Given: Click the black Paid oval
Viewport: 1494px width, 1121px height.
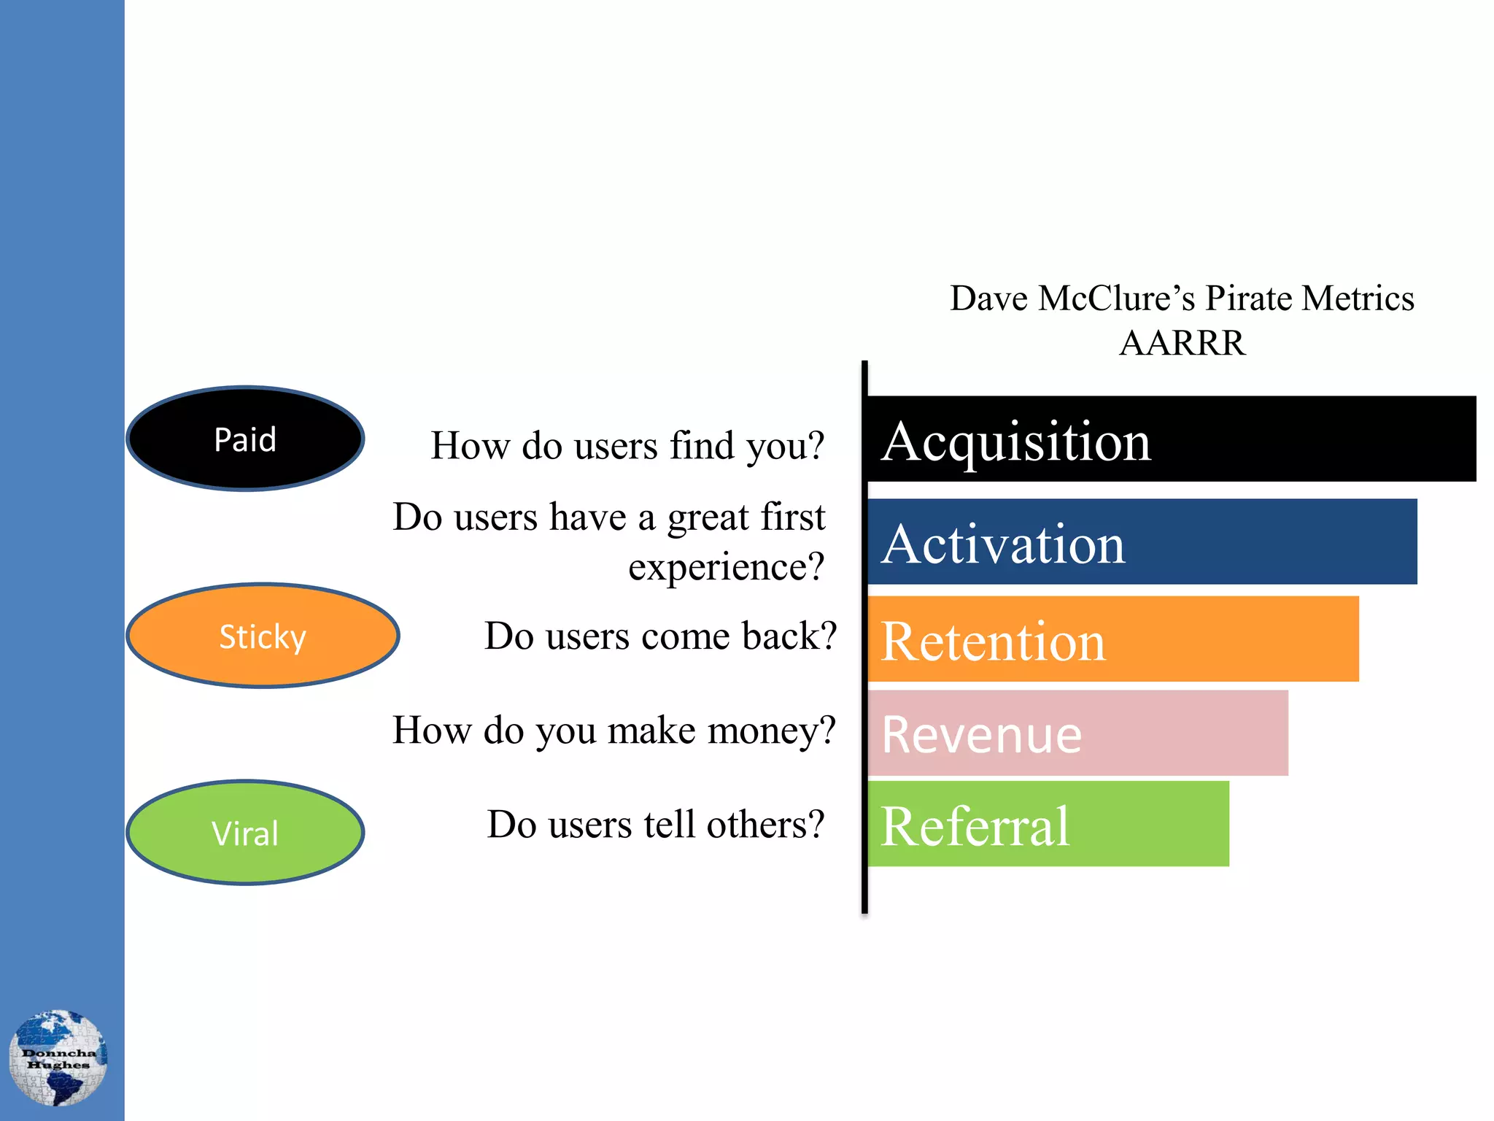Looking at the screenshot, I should coord(245,439).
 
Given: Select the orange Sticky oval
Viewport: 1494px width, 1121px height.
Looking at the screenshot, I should coord(263,636).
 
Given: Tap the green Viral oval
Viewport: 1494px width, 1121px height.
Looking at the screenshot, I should coord(245,833).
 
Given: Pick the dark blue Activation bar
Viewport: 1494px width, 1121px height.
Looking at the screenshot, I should coord(1142,542).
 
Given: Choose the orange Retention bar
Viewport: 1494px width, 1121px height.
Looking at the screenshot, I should coord(1112,639).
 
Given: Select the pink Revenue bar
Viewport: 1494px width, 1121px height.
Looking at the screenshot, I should coord(1077,733).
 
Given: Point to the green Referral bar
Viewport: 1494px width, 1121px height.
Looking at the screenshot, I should coord(1048,824).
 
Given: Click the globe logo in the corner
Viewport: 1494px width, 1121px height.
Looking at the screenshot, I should coord(58,1058).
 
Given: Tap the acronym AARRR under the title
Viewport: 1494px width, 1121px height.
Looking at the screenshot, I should coord(1182,343).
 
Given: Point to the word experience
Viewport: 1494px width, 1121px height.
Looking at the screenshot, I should coord(726,567).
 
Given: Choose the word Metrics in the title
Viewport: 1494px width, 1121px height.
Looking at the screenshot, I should coord(1358,298).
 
